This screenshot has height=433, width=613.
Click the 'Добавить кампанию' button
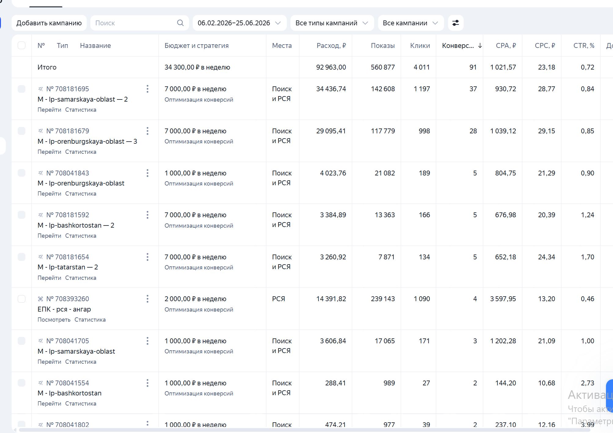(x=49, y=23)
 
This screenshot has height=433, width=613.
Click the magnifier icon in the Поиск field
(x=181, y=23)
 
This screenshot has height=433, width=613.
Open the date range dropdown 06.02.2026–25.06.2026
(x=239, y=23)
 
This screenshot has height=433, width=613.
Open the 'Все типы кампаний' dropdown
(x=332, y=23)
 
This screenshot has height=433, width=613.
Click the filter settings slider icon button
(x=456, y=23)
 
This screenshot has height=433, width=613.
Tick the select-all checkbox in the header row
(x=22, y=45)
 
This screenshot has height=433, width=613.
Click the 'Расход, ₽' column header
(x=331, y=45)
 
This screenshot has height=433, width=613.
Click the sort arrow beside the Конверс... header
(x=480, y=45)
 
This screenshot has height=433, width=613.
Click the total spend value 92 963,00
(x=331, y=67)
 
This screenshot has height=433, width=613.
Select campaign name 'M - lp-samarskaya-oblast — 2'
(x=82, y=99)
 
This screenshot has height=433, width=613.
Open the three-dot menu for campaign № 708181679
(x=148, y=131)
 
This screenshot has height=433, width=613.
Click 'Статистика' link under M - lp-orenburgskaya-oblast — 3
(x=81, y=152)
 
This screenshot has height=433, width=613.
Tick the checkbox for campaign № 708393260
(x=22, y=299)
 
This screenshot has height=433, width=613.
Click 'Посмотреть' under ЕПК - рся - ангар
(x=54, y=319)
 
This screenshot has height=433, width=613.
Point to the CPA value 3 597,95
(x=503, y=299)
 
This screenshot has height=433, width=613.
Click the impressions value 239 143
(x=383, y=299)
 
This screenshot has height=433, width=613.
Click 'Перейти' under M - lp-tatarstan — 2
(x=49, y=278)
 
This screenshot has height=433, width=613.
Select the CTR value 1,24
(x=587, y=215)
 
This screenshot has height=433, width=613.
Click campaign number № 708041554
(x=68, y=383)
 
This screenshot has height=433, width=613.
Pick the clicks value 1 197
(x=421, y=89)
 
